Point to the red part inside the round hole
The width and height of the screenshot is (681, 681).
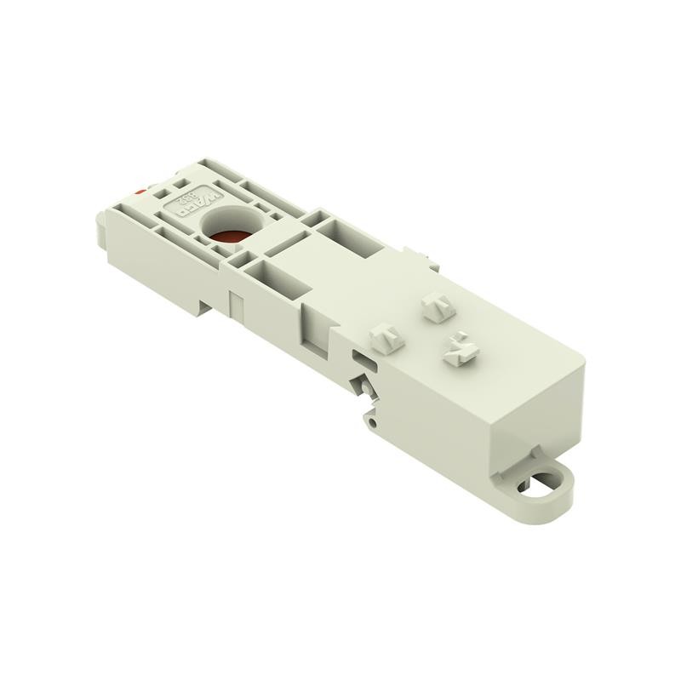227,237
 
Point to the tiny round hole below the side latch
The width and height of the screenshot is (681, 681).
372,417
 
